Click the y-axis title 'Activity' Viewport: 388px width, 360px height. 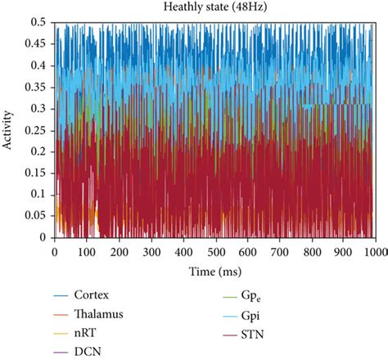8,131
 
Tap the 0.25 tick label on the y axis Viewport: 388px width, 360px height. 36,131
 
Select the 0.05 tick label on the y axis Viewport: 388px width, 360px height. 36,217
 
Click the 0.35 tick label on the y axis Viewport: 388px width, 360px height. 36,88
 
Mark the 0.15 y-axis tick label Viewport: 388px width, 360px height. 36,174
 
